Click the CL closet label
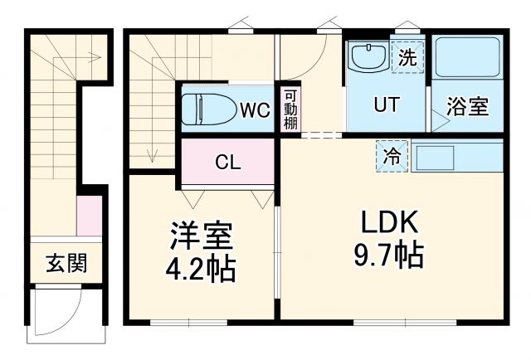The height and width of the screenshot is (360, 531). click(228, 163)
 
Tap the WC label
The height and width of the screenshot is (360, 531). click(255, 109)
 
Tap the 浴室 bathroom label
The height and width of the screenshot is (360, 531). click(468, 107)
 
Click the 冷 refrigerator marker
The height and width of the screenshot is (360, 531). click(392, 155)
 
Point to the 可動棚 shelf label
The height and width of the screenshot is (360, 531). click(290, 109)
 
